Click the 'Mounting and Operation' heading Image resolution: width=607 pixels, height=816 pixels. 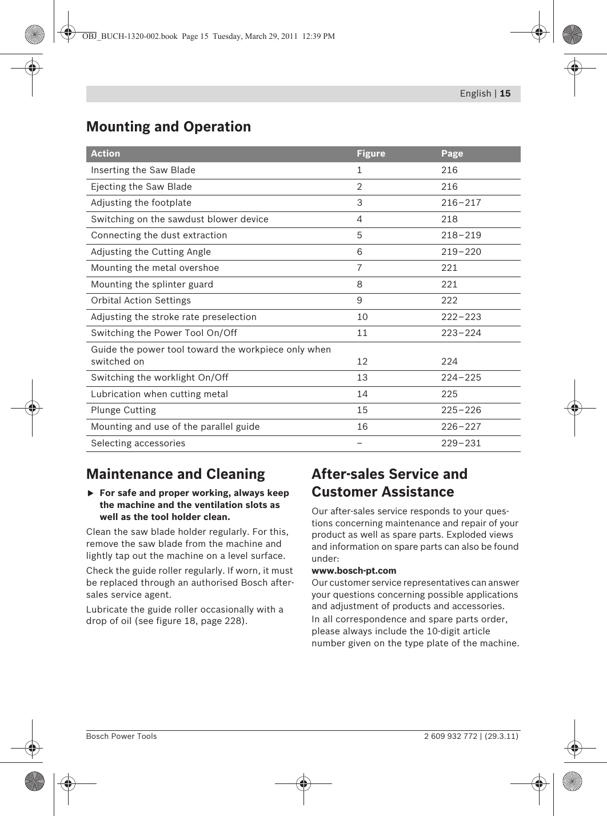pyautogui.click(x=168, y=127)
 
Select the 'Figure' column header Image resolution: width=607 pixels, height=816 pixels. pyautogui.click(x=371, y=154)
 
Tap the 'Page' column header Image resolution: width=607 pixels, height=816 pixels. pyautogui.click(x=452, y=154)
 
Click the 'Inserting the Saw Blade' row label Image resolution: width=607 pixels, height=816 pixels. pyautogui.click(x=143, y=170)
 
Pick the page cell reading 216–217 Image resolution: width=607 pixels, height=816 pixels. pyautogui.click(x=461, y=203)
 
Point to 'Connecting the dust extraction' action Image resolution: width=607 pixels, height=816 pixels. pyautogui.click(x=159, y=235)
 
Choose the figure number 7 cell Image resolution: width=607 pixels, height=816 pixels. pyautogui.click(x=360, y=268)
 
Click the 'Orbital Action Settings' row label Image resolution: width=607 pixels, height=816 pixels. pyautogui.click(x=141, y=301)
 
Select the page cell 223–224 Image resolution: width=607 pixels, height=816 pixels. pyautogui.click(x=461, y=333)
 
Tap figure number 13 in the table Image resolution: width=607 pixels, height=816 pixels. pyautogui.click(x=362, y=378)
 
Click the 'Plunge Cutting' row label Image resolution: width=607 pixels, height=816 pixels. pyautogui.click(x=123, y=410)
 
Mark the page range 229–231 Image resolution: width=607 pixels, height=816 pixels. pyautogui.click(x=461, y=443)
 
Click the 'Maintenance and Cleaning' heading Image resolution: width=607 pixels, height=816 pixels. pyautogui.click(x=175, y=474)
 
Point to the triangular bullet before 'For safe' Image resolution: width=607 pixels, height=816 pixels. pyautogui.click(x=90, y=493)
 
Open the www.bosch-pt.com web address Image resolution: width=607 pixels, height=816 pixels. pyautogui.click(x=354, y=571)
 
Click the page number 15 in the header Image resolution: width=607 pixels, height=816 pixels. pyautogui.click(x=505, y=94)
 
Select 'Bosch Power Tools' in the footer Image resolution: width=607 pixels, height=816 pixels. pyautogui.click(x=121, y=737)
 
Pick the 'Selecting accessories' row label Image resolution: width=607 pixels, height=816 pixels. pyautogui.click(x=138, y=443)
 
